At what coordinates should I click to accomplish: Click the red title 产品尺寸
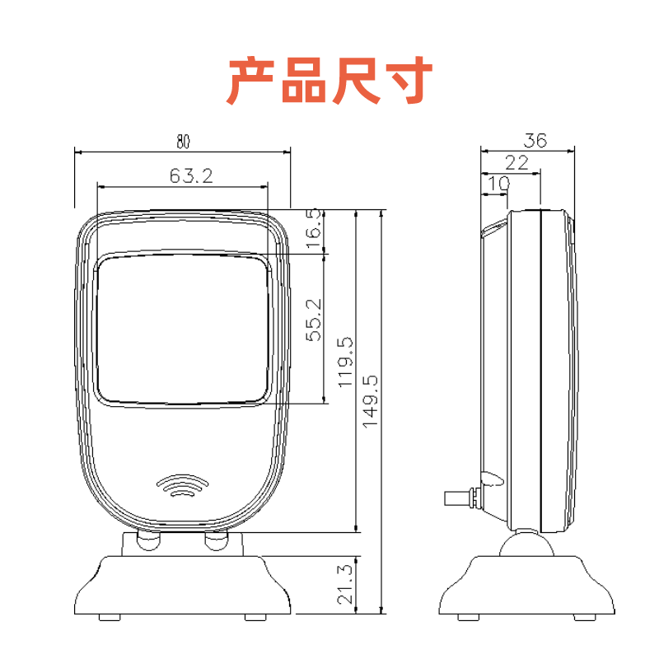coord(329,81)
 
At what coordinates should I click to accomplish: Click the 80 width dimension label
coord(182,142)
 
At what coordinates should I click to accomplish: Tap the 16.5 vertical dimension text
coord(314,227)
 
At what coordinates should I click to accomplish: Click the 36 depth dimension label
coord(535,140)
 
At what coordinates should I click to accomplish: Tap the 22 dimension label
coord(516,162)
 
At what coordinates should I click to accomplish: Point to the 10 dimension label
coord(498,185)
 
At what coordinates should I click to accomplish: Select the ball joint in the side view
coord(526,545)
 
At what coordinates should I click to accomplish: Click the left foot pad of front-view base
coord(108,616)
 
